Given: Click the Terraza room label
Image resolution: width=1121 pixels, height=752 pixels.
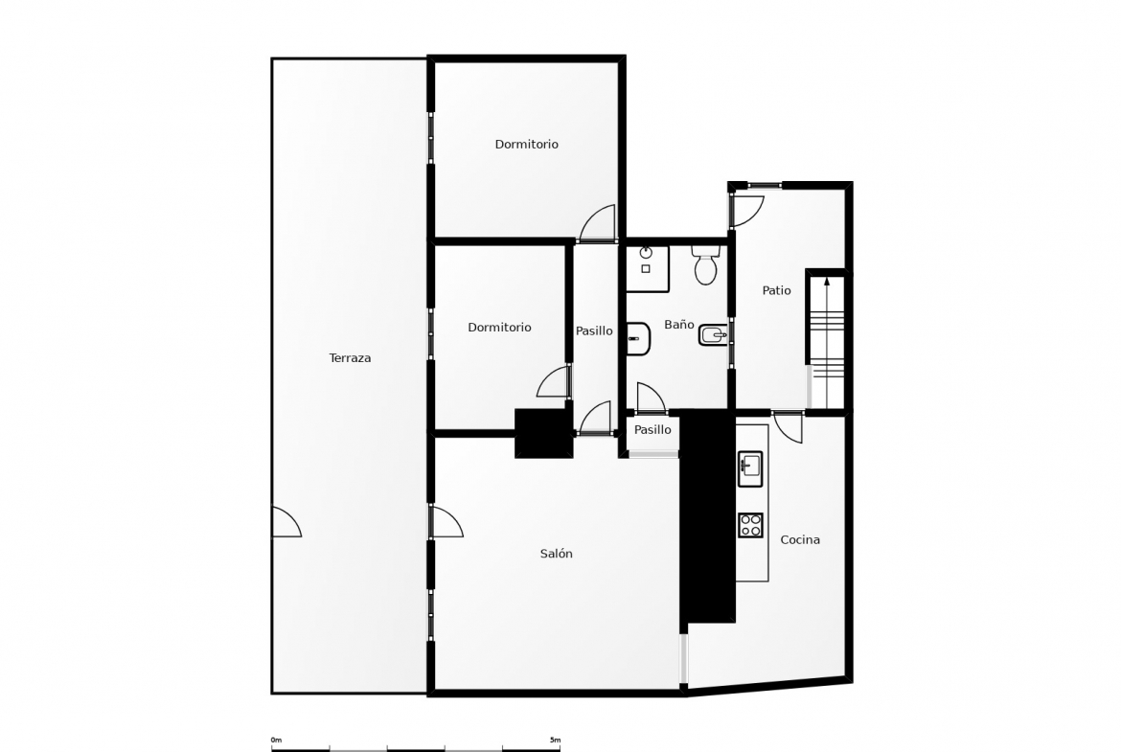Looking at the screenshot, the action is point(350,358).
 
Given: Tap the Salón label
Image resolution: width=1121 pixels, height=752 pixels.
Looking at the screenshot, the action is point(557,554).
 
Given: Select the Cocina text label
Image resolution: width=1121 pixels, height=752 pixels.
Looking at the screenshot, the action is point(800,539).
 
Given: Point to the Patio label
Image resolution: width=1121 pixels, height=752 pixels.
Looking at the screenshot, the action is point(776,290).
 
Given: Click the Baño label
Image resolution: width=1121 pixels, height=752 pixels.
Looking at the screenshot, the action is point(679,324).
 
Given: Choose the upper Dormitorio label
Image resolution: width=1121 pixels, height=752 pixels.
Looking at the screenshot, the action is point(527,144).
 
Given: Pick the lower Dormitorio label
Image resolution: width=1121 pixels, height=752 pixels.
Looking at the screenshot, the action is point(500,327).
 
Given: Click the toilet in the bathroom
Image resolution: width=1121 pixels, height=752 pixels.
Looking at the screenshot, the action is point(705,265).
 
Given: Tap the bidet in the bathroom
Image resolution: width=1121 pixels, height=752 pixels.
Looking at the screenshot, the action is point(714,334).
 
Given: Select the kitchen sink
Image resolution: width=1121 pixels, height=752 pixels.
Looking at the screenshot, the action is point(750,469).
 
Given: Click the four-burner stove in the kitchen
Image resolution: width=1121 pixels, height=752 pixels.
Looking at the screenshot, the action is point(750,525).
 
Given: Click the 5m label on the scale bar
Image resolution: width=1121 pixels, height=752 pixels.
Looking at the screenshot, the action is point(555,740).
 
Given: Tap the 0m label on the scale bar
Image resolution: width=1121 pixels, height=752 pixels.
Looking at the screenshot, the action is point(276,740).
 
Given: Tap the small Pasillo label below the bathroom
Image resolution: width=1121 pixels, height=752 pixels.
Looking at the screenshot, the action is point(652,429).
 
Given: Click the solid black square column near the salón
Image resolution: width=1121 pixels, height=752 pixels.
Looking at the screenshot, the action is point(544,433).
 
